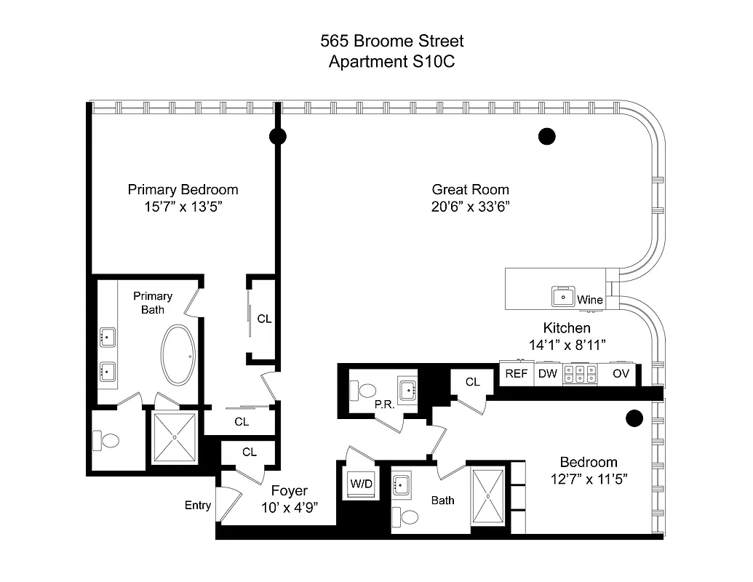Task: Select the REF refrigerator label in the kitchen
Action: click(x=516, y=374)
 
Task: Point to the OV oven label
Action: click(x=621, y=374)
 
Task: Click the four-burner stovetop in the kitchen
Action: click(x=580, y=374)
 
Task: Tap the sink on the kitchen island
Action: click(x=563, y=297)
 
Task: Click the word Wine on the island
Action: click(x=589, y=300)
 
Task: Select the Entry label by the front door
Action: click(x=197, y=506)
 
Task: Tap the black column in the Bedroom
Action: click(x=634, y=418)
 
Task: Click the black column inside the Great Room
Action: click(x=546, y=136)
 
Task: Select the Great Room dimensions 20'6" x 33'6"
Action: click(x=470, y=207)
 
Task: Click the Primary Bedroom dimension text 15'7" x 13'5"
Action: click(x=183, y=207)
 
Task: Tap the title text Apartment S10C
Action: click(x=392, y=62)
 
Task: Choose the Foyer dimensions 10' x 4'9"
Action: click(x=290, y=507)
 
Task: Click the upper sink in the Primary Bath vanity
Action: click(x=108, y=337)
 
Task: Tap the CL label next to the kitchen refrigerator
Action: click(x=473, y=381)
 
